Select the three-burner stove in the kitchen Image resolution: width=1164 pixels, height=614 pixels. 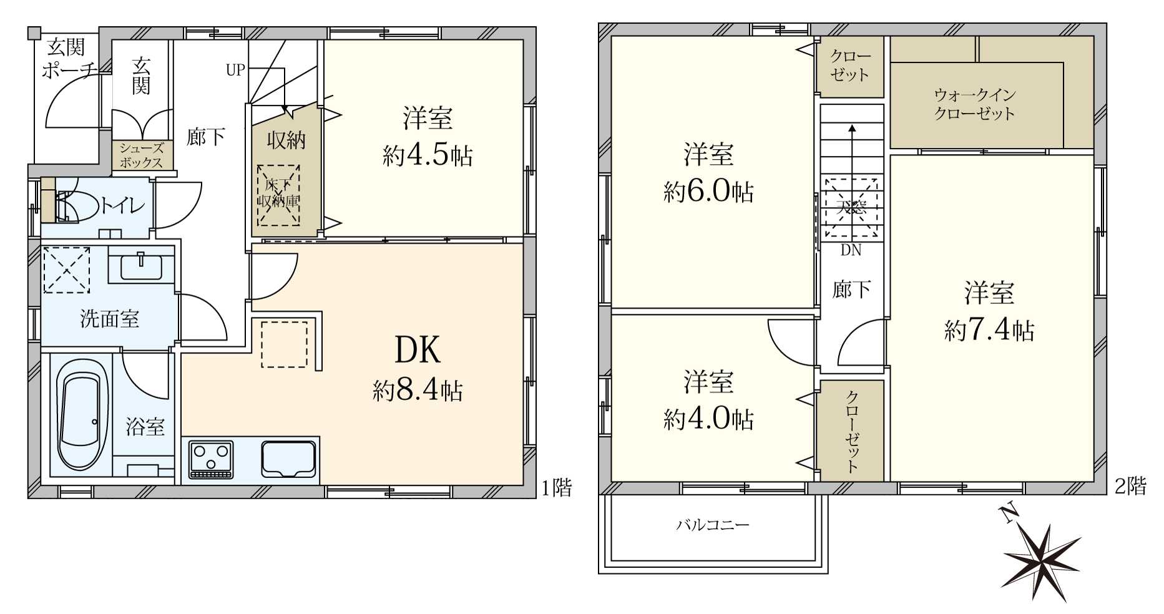(212, 460)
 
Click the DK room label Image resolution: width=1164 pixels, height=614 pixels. (418, 350)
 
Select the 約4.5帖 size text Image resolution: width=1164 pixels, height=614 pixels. (428, 155)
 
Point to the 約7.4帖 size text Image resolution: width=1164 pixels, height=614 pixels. (989, 330)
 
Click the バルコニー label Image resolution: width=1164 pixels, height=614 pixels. (713, 525)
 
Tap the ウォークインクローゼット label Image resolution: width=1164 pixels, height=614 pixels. (974, 104)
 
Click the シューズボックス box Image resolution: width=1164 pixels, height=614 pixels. (142, 155)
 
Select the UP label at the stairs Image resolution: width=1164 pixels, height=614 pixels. (235, 71)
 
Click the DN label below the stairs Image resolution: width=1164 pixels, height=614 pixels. (851, 251)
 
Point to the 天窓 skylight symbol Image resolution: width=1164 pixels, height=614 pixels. (851, 208)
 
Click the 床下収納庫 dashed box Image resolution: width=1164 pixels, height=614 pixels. (278, 194)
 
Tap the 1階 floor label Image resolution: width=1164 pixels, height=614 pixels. (556, 487)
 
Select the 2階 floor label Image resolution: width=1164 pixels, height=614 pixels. (1130, 485)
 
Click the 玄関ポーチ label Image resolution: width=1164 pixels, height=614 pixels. (68, 57)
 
